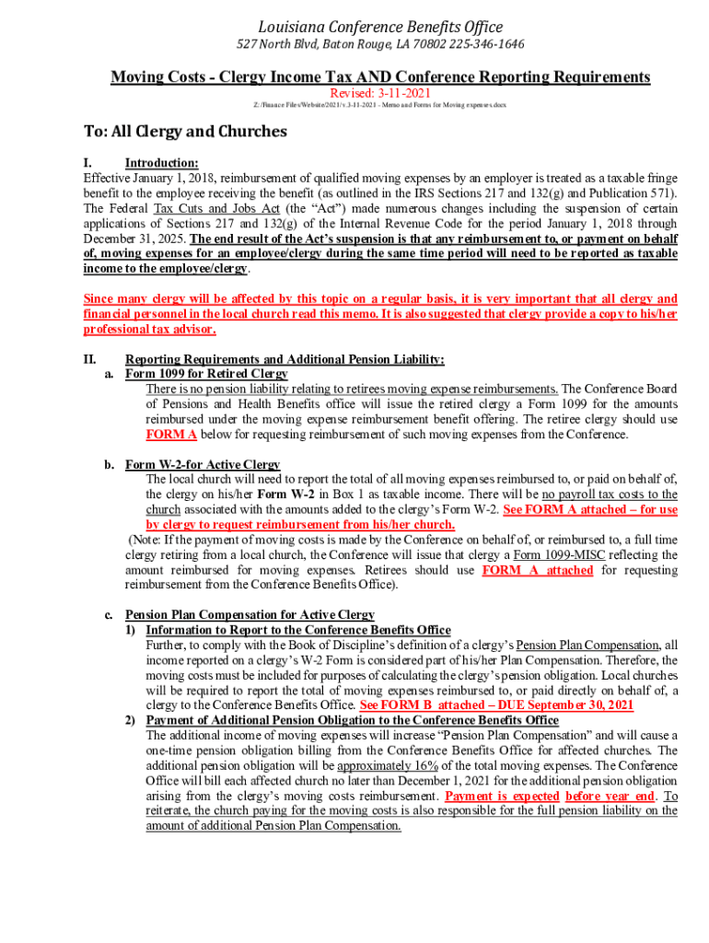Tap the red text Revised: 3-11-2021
pyautogui.click(x=380, y=93)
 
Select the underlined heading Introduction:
pyautogui.click(x=161, y=163)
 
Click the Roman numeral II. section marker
pyautogui.click(x=90, y=359)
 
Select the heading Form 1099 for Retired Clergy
pyautogui.click(x=206, y=374)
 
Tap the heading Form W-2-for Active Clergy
pyautogui.click(x=203, y=464)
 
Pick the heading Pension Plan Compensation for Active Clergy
pyautogui.click(x=250, y=614)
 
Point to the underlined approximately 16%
pyautogui.click(x=388, y=765)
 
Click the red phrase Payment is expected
pyautogui.click(x=502, y=796)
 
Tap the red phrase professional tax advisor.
pyautogui.click(x=150, y=329)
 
